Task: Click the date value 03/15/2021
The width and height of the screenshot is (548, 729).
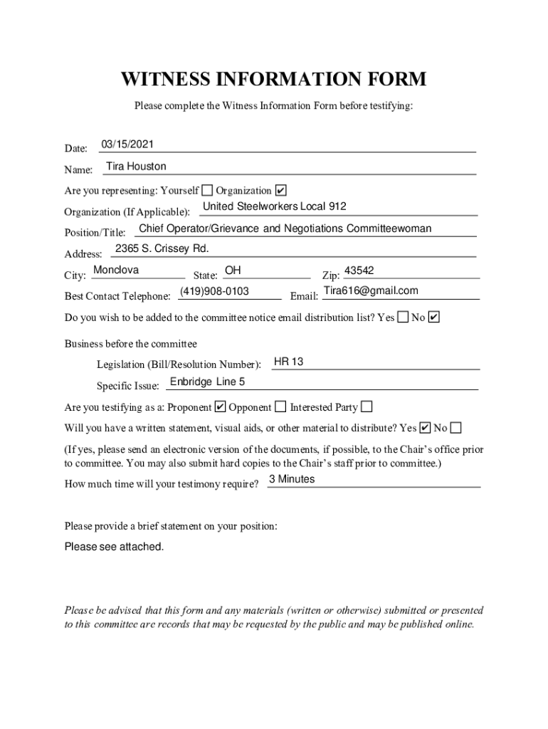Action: point(127,145)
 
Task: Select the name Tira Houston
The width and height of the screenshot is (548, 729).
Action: point(136,167)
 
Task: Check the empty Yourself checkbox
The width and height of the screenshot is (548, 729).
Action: point(206,190)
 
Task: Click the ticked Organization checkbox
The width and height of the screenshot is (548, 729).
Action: point(280,190)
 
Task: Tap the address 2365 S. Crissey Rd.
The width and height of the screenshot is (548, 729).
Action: point(162,248)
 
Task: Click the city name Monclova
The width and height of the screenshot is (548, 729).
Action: point(116,270)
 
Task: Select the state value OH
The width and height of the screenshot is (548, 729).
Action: point(233,271)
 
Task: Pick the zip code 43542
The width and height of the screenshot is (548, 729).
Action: point(359,271)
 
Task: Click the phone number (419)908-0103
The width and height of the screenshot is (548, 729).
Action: point(214,291)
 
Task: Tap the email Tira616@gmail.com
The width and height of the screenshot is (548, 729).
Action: point(371,290)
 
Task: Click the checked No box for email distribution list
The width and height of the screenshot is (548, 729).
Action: point(434,317)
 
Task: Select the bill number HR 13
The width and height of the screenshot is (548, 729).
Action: point(289,362)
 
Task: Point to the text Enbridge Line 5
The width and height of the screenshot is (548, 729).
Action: point(207,382)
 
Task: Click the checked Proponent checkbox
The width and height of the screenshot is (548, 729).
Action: point(220,407)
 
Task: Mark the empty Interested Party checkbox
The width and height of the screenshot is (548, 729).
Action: point(367,407)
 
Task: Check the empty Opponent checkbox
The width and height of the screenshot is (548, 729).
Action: point(280,407)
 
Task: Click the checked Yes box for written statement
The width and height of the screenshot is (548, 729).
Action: point(425,428)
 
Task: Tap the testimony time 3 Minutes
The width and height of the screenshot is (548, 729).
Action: point(292,479)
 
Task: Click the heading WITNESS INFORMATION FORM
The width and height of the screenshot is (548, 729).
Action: point(274,78)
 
